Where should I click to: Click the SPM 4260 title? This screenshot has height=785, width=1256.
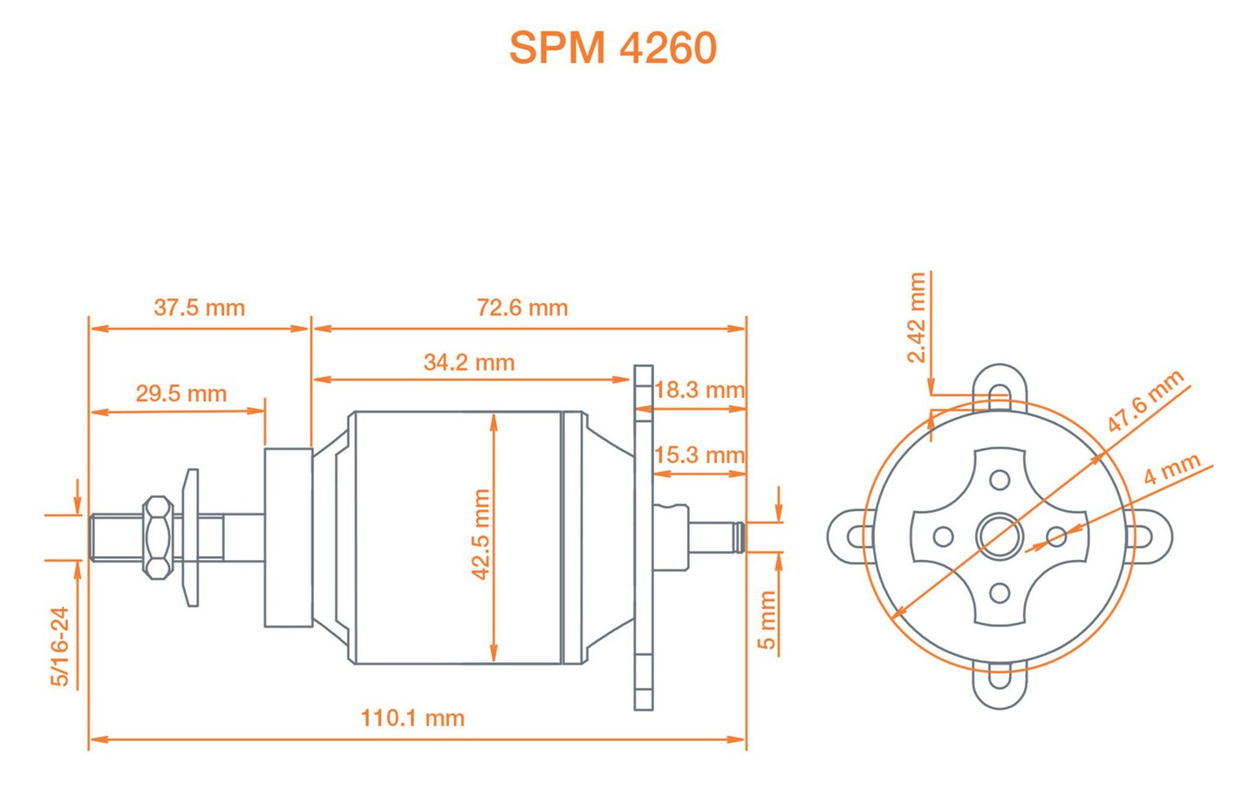612,48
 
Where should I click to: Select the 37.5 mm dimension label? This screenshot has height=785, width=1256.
200,308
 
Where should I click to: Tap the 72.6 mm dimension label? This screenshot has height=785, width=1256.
522,308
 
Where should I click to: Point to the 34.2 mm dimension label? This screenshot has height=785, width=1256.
469,362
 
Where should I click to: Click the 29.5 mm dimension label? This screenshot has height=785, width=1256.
181,393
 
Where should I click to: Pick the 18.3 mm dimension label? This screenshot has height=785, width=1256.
700,390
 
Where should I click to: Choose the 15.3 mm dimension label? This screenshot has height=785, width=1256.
700,454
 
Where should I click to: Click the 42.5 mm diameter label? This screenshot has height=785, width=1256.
481,535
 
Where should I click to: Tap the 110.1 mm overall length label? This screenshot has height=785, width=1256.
413,719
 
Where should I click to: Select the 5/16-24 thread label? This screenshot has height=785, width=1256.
60,646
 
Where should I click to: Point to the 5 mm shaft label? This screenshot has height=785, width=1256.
767,619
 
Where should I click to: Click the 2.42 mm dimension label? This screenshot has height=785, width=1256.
917,317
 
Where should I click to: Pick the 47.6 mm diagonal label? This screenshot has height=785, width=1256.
1145,401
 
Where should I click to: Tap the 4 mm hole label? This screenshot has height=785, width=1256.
1172,468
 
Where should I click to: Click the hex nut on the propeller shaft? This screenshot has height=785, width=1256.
158,537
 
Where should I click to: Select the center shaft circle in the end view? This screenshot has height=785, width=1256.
1000,536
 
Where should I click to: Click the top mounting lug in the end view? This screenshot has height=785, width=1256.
1000,387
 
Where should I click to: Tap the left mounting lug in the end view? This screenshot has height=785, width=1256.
850,536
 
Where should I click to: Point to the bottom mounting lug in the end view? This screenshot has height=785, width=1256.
1000,686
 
